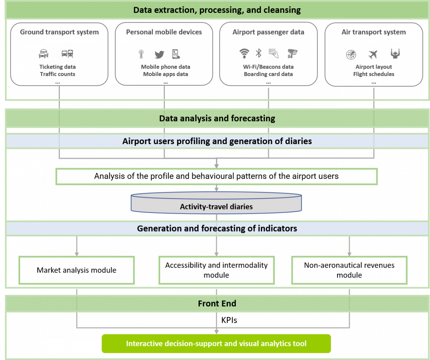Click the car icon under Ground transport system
click(43, 54)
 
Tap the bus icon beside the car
click(67, 54)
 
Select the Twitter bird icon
click(159, 55)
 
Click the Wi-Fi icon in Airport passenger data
click(244, 53)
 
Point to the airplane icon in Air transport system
click(373, 55)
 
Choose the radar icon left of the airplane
click(351, 55)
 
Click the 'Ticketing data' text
click(57, 67)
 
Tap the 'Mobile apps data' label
click(166, 74)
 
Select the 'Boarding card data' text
click(268, 74)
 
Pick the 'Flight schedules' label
click(374, 74)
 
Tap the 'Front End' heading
click(217, 304)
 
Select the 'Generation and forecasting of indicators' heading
click(217, 228)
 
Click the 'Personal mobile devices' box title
click(164, 32)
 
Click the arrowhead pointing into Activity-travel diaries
click(216, 189)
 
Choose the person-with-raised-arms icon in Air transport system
click(395, 54)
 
